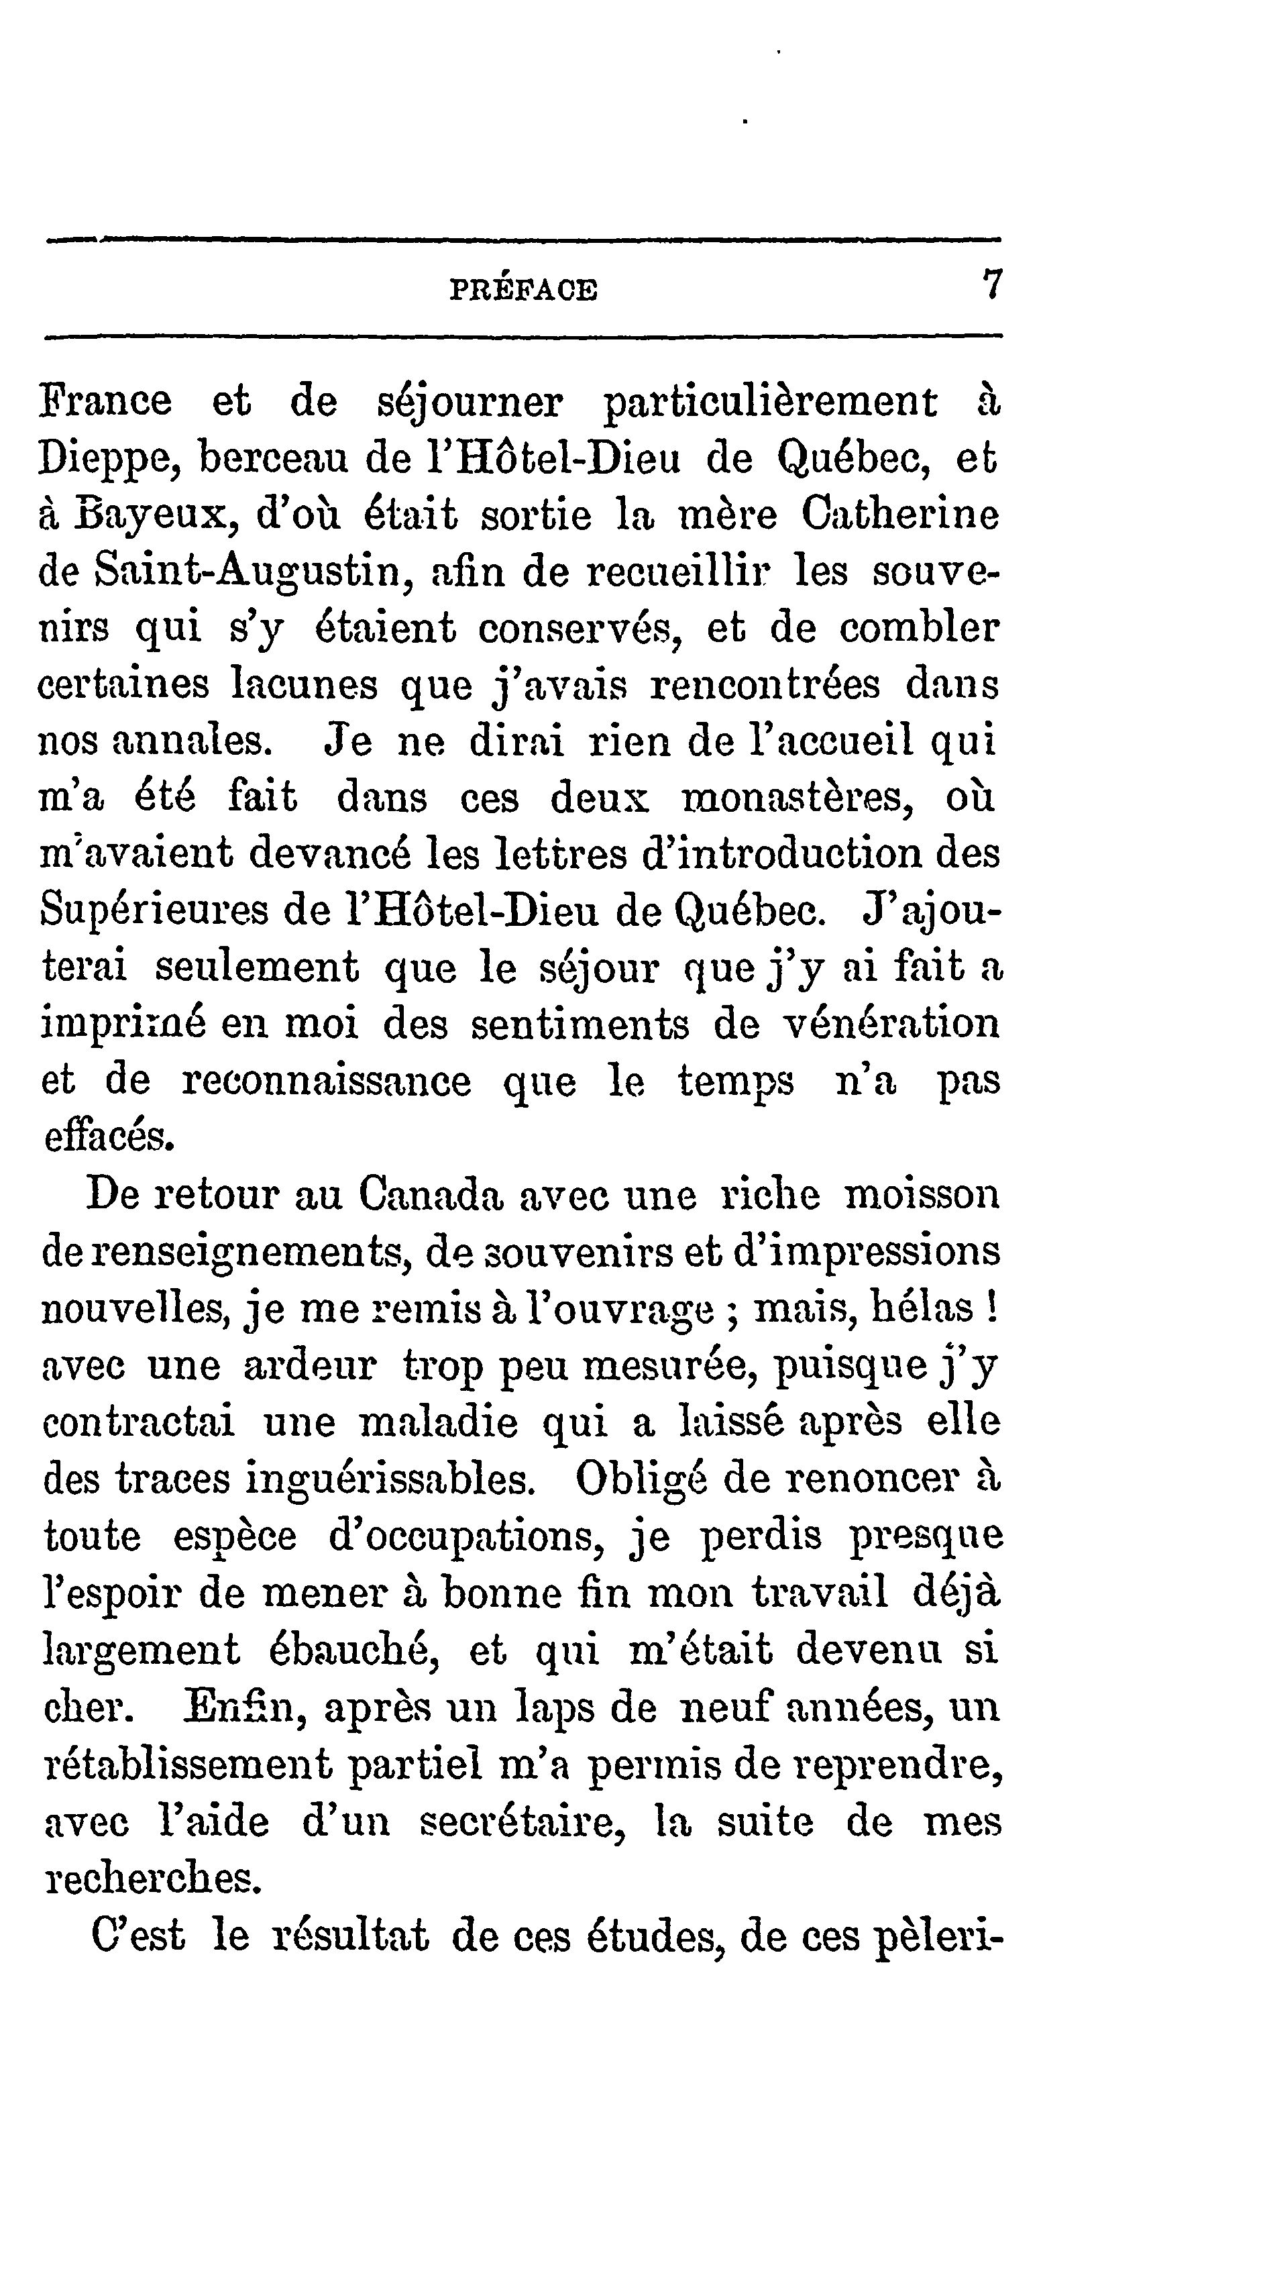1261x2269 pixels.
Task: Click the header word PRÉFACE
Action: click(x=523, y=290)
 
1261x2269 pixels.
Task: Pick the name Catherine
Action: click(x=900, y=515)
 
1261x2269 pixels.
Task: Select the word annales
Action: click(x=193, y=741)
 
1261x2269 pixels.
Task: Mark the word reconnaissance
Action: click(x=326, y=1081)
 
